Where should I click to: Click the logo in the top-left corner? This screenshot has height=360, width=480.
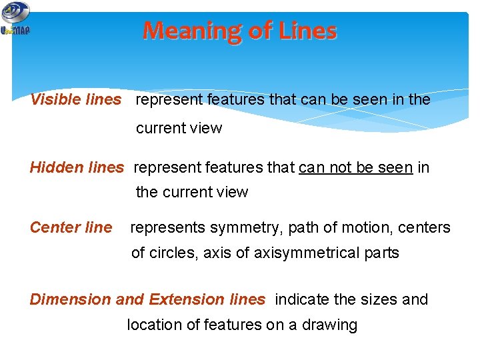(x=15, y=19)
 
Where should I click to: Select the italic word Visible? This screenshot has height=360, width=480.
(x=56, y=100)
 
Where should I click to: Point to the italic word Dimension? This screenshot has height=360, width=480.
(x=70, y=299)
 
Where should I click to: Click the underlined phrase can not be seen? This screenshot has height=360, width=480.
(x=355, y=167)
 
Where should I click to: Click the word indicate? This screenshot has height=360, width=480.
(x=302, y=299)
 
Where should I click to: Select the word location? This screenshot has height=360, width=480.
(x=153, y=325)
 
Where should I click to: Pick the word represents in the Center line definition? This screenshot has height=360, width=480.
(x=167, y=228)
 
